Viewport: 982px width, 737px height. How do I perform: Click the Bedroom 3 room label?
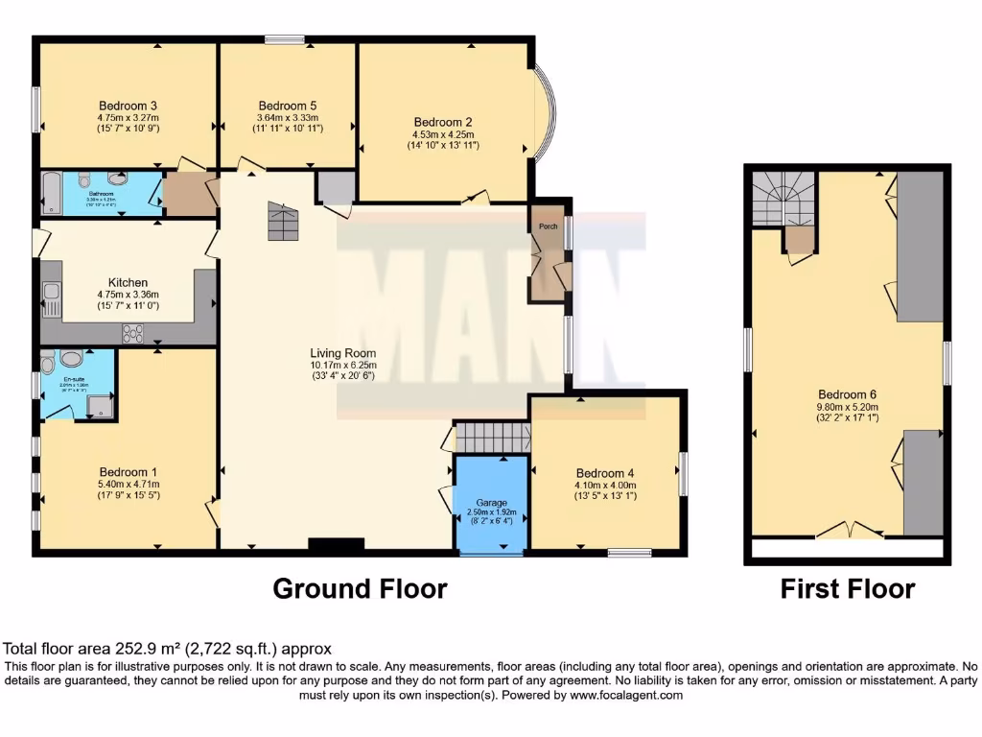[128, 106]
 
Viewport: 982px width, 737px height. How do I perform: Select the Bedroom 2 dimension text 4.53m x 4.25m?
[443, 134]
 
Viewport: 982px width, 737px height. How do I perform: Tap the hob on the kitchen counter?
[131, 333]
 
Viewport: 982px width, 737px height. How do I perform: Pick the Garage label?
[491, 503]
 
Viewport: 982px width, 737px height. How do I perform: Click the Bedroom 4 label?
[606, 472]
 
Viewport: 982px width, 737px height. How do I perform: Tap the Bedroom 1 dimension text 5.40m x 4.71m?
[128, 484]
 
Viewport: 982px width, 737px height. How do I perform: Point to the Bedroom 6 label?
[847, 393]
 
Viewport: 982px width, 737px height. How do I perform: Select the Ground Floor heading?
[360, 588]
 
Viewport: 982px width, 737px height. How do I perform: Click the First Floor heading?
[847, 588]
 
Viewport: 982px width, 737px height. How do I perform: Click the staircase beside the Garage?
[491, 438]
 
